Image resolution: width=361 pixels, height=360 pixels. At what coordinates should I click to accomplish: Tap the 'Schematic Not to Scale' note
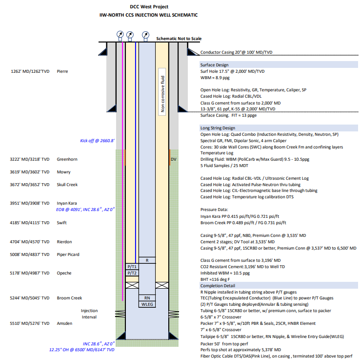(x=179, y=39)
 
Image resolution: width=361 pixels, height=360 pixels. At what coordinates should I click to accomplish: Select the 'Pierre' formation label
(x=62, y=71)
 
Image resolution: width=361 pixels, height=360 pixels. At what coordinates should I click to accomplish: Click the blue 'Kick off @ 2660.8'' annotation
(x=98, y=141)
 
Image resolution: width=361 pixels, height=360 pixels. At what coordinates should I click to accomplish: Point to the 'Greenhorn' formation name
(x=67, y=159)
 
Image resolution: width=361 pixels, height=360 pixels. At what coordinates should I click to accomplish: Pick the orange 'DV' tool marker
(x=173, y=159)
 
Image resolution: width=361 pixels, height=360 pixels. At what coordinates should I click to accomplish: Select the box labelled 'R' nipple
(x=147, y=260)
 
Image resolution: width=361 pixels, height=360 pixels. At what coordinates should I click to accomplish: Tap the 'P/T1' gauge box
(x=131, y=267)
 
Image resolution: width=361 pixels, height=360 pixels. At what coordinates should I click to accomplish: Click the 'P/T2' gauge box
(x=131, y=273)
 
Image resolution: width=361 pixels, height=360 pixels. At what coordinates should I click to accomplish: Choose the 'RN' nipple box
(x=147, y=297)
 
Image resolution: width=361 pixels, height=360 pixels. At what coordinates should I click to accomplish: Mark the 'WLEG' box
(x=147, y=304)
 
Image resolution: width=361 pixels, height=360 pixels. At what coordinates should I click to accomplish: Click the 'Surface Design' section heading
(x=214, y=65)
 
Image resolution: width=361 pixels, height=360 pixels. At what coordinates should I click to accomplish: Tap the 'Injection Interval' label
(x=89, y=314)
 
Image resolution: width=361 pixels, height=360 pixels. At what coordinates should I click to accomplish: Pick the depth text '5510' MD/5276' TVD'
(x=30, y=323)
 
